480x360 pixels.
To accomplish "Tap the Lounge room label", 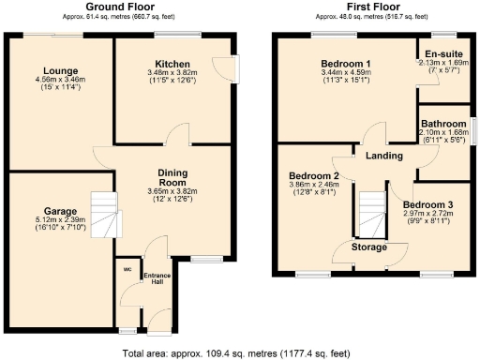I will point(60,72).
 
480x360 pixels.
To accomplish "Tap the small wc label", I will point(126,271).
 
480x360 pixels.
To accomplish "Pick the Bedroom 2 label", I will point(314,175).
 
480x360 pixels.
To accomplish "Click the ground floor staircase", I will point(105,215).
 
